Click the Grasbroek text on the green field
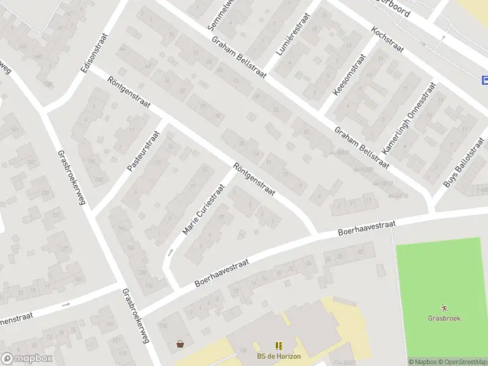(443, 318)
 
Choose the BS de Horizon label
(279, 356)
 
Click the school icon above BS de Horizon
(279, 346)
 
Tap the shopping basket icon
(180, 344)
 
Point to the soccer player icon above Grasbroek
(443, 308)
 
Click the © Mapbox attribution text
(421, 362)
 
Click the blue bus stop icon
(485, 80)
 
